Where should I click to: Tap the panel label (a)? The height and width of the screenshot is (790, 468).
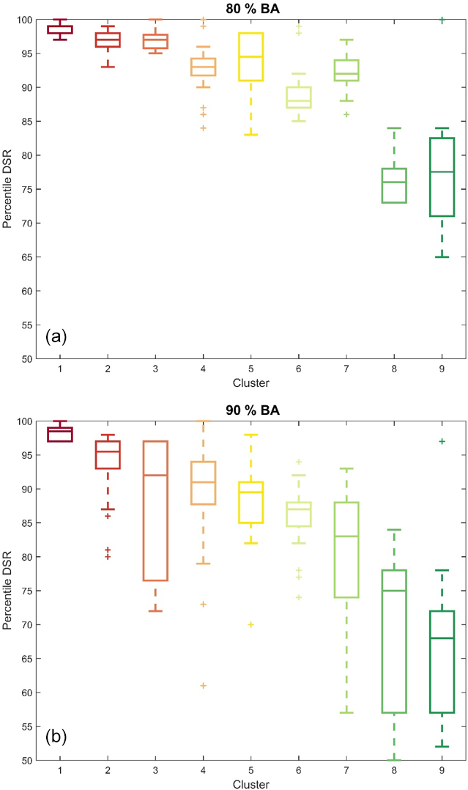pos(56,336)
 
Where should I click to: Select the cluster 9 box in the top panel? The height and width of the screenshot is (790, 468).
pos(442,177)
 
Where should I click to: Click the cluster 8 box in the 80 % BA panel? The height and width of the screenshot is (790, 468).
pos(394,185)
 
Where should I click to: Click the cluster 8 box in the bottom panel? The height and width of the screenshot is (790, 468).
pos(394,631)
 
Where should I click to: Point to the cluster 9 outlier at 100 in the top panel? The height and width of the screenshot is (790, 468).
pos(442,20)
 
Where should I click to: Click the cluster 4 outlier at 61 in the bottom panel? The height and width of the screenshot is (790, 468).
pos(203,686)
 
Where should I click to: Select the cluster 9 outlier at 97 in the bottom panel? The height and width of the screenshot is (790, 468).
pos(442,441)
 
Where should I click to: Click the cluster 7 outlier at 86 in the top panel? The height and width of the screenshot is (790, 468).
pos(346,115)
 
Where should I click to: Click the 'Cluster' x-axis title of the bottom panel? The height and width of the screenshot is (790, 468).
pos(251,784)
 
